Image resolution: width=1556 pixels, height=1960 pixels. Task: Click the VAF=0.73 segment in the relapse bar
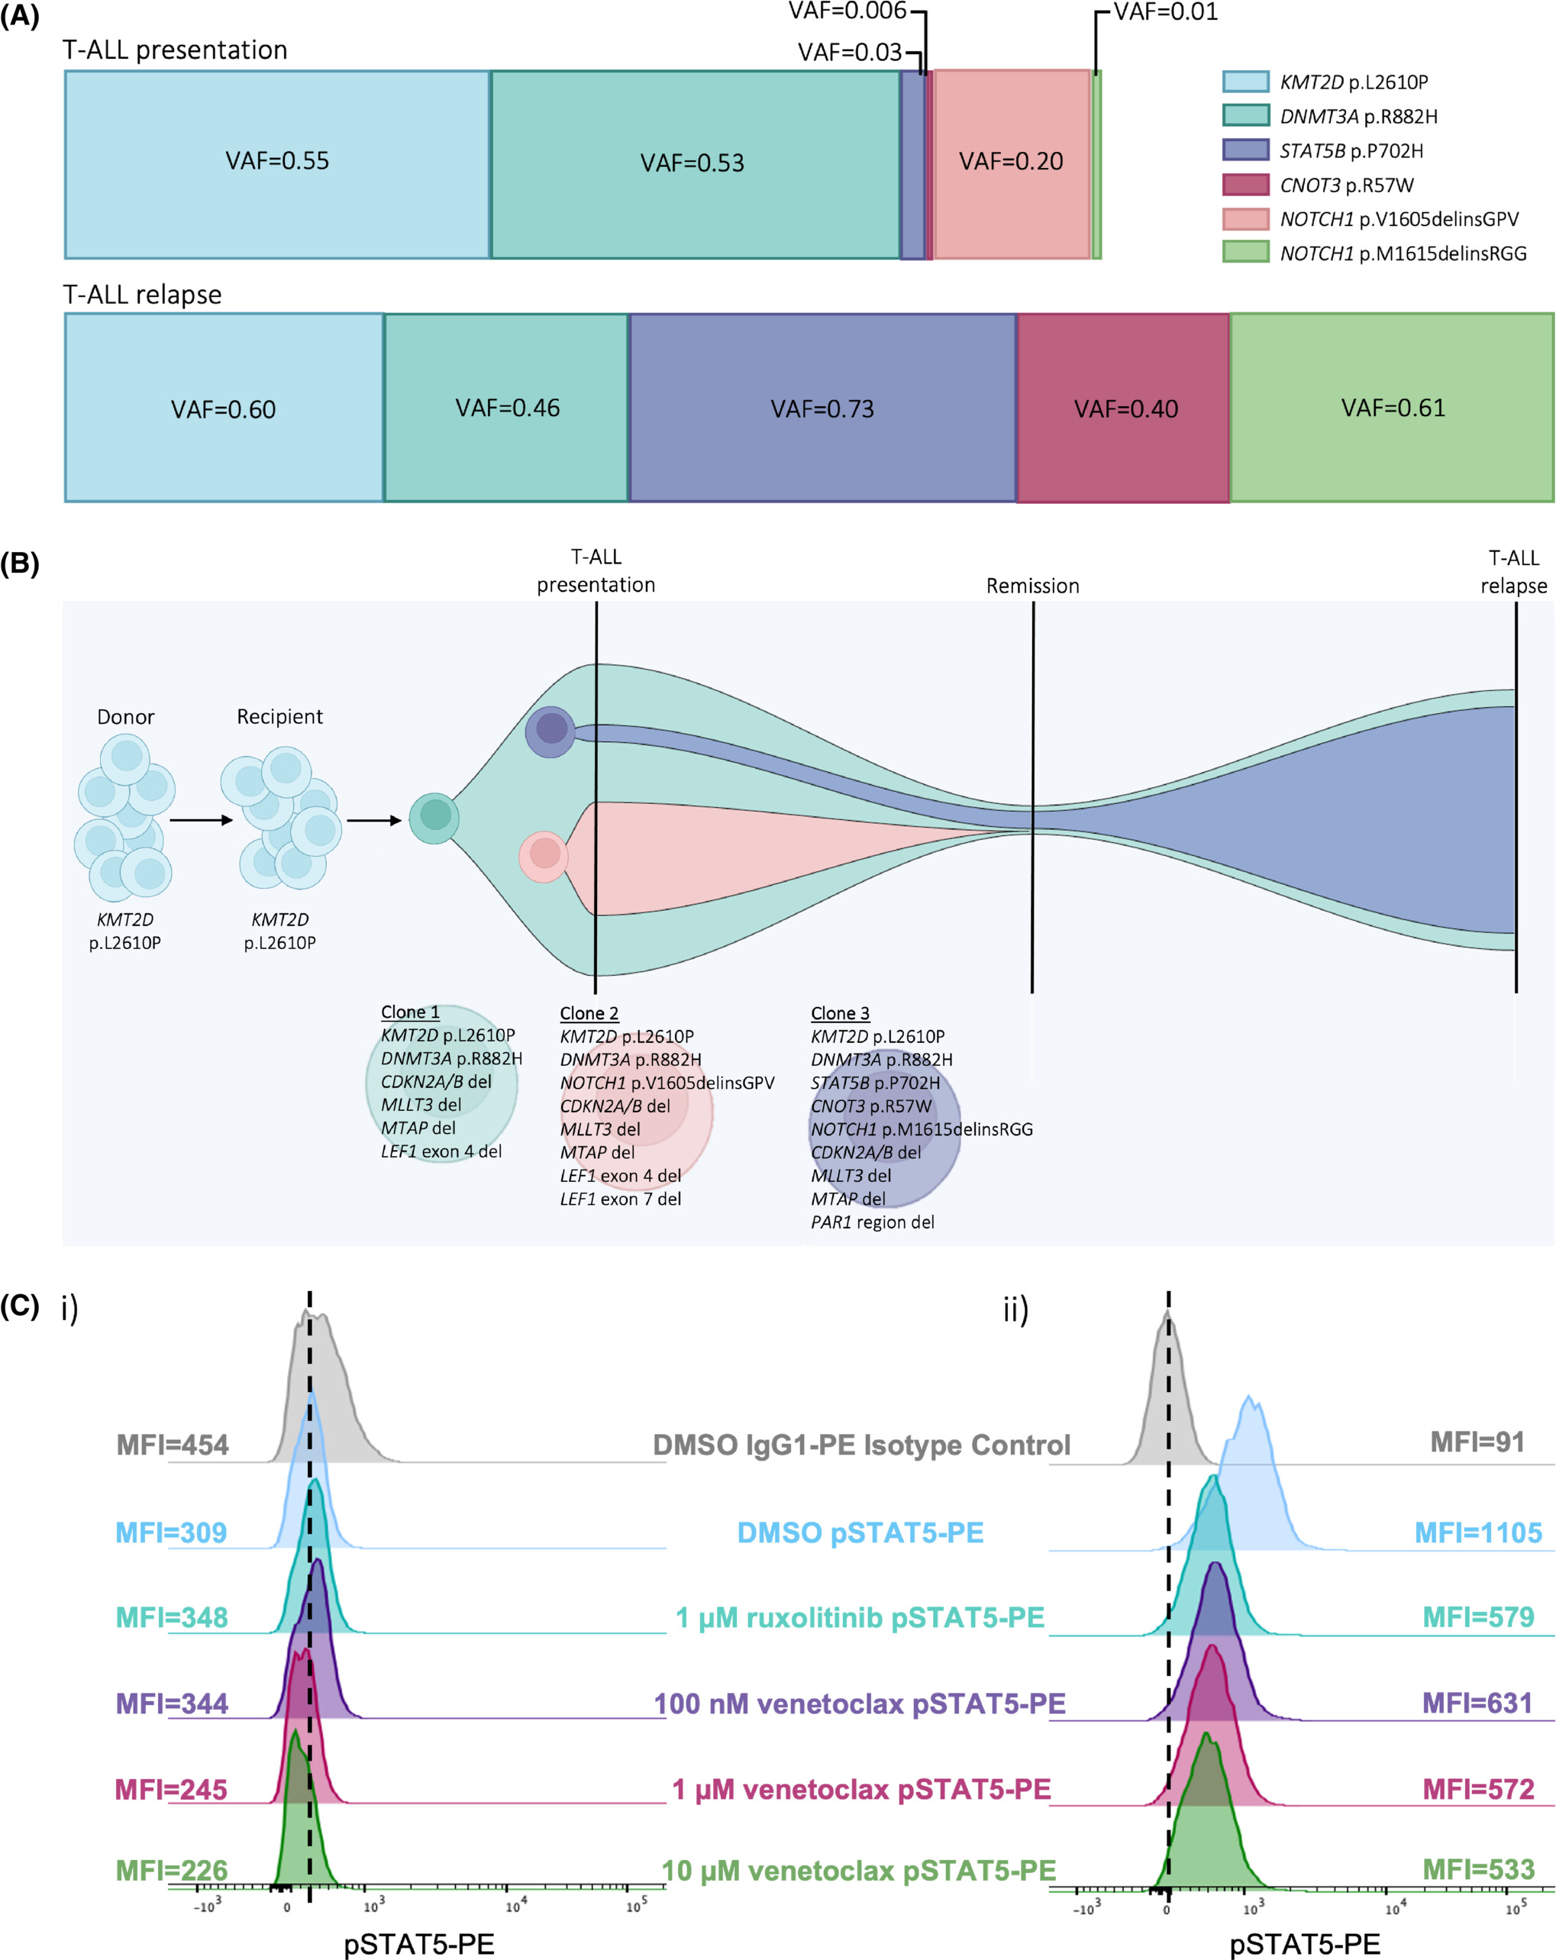[x=822, y=407]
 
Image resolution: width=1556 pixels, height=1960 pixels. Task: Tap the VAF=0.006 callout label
[x=847, y=11]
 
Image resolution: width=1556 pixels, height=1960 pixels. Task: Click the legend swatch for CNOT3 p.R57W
[x=1245, y=185]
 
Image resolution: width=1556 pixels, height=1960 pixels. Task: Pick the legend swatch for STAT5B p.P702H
[x=1245, y=150]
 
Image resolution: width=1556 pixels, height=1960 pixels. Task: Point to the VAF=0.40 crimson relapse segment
[x=1123, y=407]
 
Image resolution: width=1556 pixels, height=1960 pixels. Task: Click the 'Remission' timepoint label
[x=1032, y=586]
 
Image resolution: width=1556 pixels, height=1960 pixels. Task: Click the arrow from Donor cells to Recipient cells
[x=201, y=820]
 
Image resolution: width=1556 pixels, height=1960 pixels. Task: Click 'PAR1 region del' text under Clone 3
[x=873, y=1222]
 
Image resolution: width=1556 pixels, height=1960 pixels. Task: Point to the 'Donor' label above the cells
[x=125, y=716]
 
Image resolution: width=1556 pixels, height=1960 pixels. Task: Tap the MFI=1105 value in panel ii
[x=1478, y=1532]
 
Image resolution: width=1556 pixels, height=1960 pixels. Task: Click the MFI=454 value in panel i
[x=173, y=1445]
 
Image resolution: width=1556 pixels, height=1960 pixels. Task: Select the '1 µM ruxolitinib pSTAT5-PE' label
[x=860, y=1618]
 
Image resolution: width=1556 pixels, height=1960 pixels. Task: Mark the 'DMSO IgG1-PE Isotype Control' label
[x=862, y=1445]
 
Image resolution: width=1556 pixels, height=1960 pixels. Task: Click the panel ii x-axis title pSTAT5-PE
[x=1304, y=1945]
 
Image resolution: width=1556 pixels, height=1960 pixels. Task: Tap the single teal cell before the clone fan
[x=434, y=819]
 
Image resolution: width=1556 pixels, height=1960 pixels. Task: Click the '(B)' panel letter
[x=20, y=563]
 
